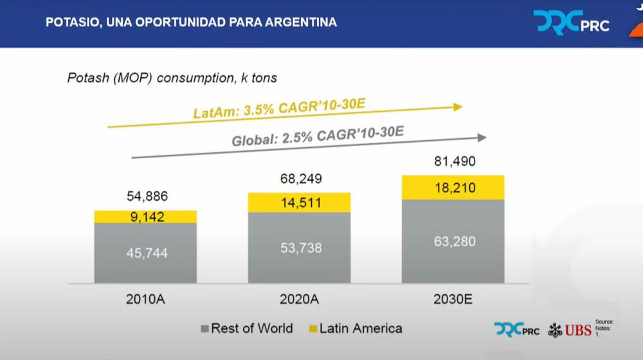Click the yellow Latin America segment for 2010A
145,217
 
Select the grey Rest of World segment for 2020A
299,248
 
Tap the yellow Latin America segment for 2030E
453,187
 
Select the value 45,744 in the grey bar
146,253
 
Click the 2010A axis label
145,300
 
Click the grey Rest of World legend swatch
205,329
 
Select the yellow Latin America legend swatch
312,329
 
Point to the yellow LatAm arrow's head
458,107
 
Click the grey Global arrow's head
482,137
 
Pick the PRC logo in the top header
571,22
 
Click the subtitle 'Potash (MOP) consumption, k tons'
172,78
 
